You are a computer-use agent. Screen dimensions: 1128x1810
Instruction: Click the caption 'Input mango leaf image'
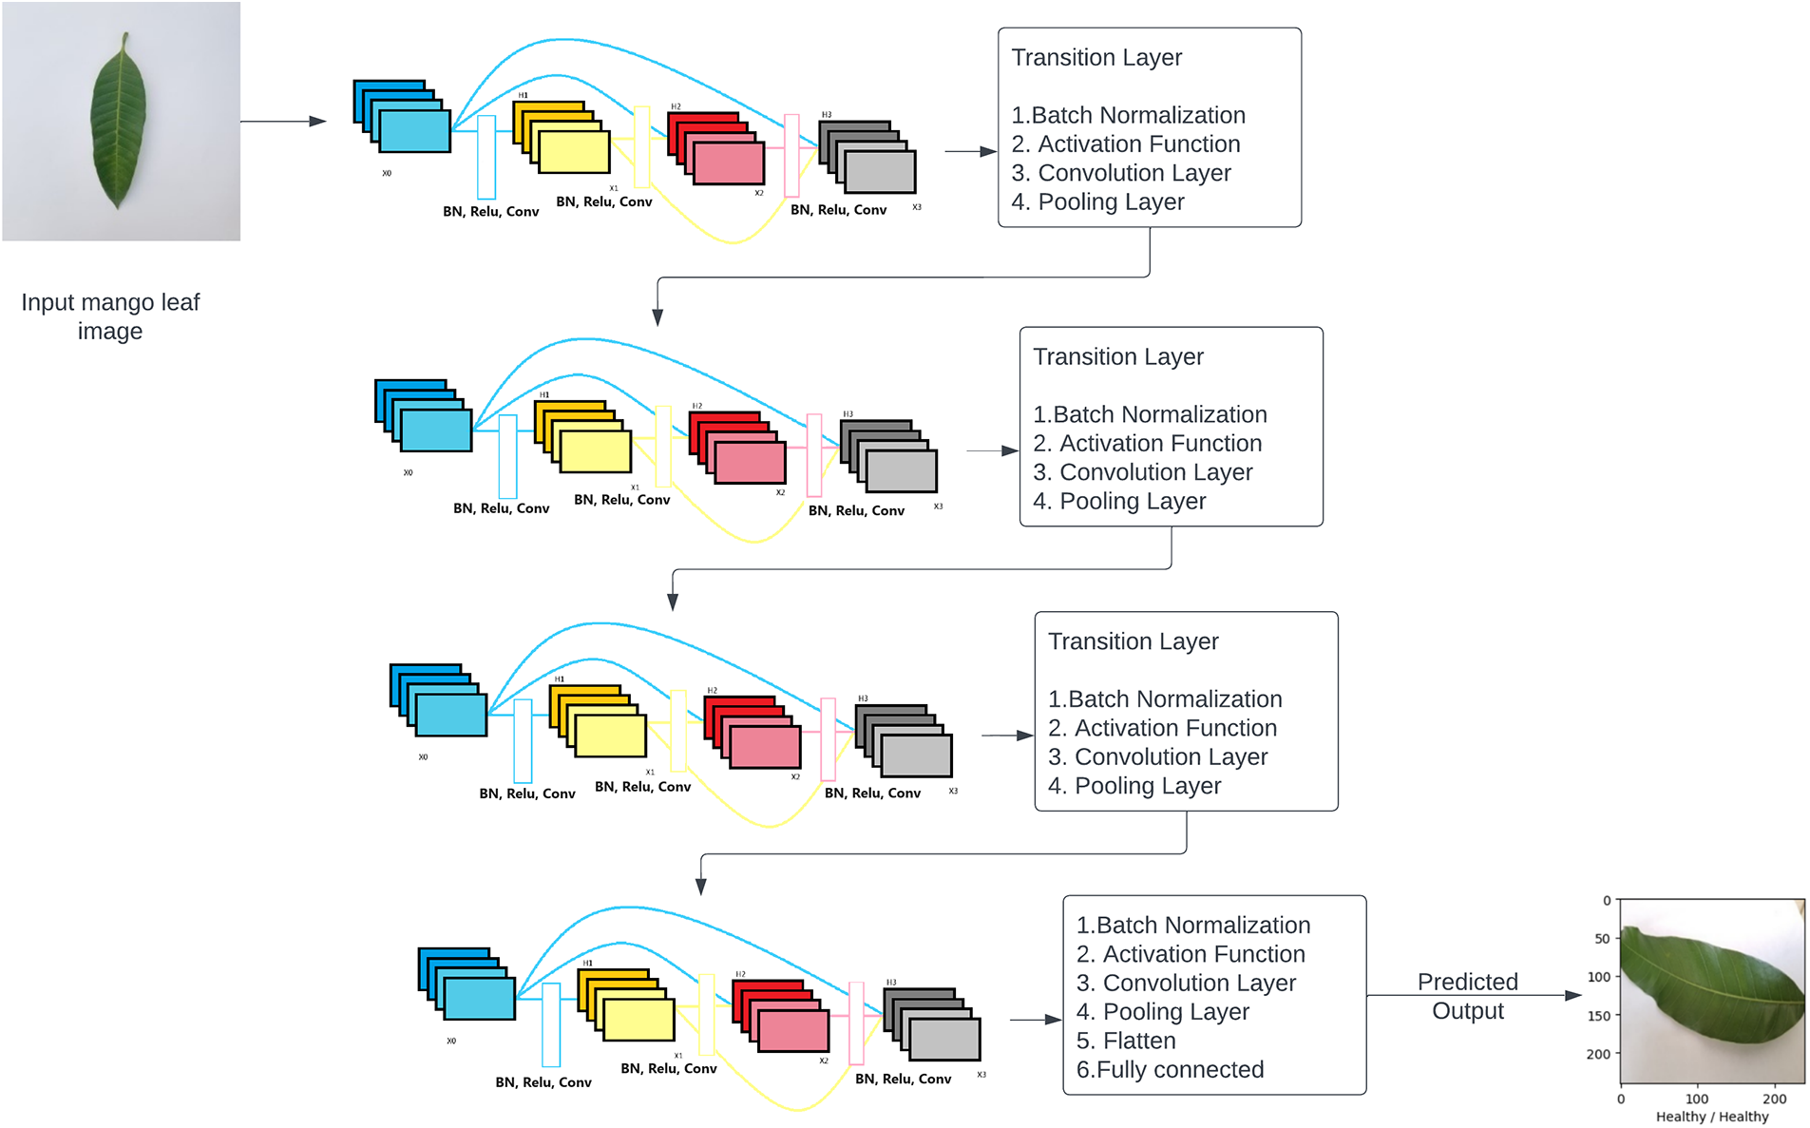pos(110,316)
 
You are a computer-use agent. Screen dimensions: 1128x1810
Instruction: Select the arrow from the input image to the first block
pos(283,122)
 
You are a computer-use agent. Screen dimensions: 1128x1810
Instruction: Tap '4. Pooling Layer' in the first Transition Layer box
pos(1097,202)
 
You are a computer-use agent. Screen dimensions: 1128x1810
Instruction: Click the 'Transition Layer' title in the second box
pos(1117,357)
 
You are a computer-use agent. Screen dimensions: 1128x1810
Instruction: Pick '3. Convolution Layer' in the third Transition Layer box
pos(1157,757)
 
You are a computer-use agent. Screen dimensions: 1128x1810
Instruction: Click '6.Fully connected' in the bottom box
pos(1170,1070)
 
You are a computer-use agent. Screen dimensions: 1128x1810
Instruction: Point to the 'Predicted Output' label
pos(1467,996)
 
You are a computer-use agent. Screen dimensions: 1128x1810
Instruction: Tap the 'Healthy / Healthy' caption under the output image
pos(1711,1117)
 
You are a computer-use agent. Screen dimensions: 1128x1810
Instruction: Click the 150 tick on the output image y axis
pos(1599,1016)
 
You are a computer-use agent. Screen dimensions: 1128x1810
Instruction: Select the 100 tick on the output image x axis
pos(1697,1099)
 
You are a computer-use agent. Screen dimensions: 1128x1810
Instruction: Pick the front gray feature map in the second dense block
pos(902,471)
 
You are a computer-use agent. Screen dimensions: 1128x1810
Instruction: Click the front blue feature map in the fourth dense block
pos(479,999)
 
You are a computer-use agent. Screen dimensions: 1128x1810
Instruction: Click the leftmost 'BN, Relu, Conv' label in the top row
pos(490,212)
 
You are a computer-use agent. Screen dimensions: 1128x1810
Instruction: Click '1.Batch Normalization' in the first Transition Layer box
pos(1128,116)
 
